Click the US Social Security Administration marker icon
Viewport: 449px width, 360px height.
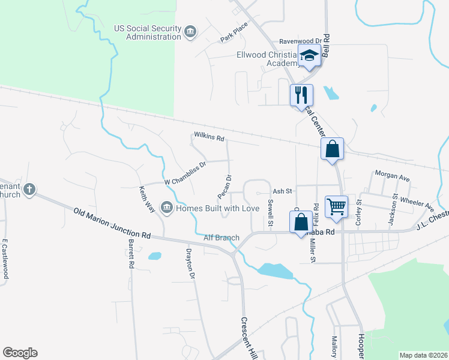click(x=190, y=31)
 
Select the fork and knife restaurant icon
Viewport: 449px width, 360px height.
click(x=301, y=95)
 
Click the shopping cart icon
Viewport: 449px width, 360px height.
click(x=337, y=206)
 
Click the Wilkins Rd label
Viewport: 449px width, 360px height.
click(x=209, y=138)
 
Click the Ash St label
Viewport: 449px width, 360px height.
click(x=282, y=191)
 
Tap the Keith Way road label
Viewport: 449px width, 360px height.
click(x=147, y=199)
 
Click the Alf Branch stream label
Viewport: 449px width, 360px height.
click(x=221, y=238)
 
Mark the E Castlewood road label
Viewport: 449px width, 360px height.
click(x=5, y=259)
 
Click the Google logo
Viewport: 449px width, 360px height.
click(x=20, y=353)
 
